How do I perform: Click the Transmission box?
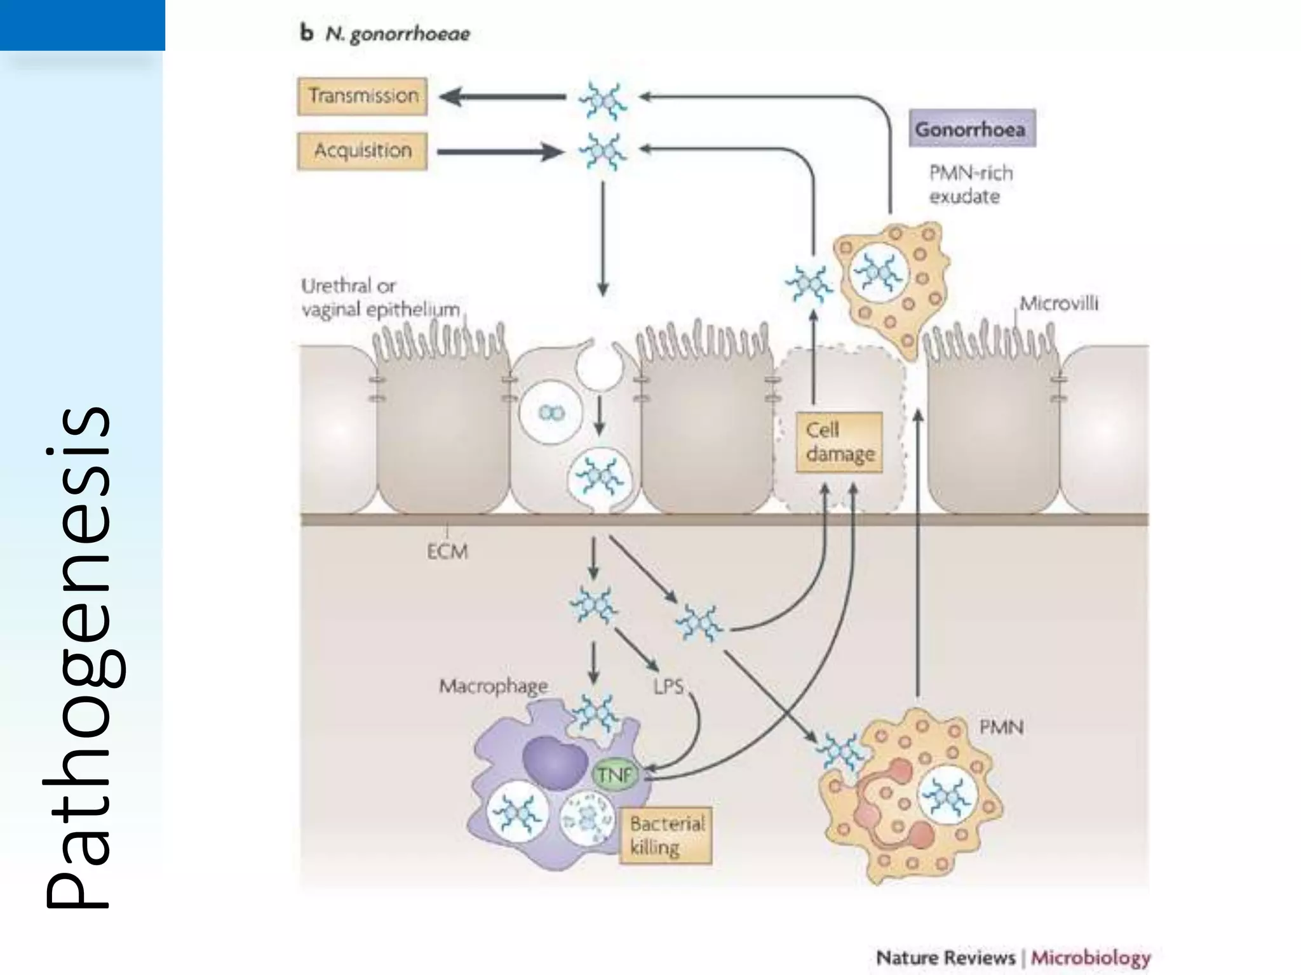(x=362, y=96)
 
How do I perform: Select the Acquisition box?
(x=362, y=151)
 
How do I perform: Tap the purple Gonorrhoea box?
(x=971, y=129)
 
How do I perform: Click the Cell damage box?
(x=839, y=442)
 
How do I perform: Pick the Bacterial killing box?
(x=666, y=835)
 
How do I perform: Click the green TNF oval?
(x=614, y=774)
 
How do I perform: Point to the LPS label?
(x=668, y=686)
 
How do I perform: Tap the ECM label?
(x=447, y=552)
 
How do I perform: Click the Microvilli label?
(x=1058, y=303)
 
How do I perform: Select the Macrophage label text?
(x=493, y=686)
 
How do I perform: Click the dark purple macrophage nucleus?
(x=554, y=762)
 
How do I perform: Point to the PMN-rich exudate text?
(x=969, y=185)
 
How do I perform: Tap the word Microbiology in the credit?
(x=1090, y=957)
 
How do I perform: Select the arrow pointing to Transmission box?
(x=502, y=97)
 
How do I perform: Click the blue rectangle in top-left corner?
(x=82, y=25)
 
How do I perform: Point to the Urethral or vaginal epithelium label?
(x=380, y=298)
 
